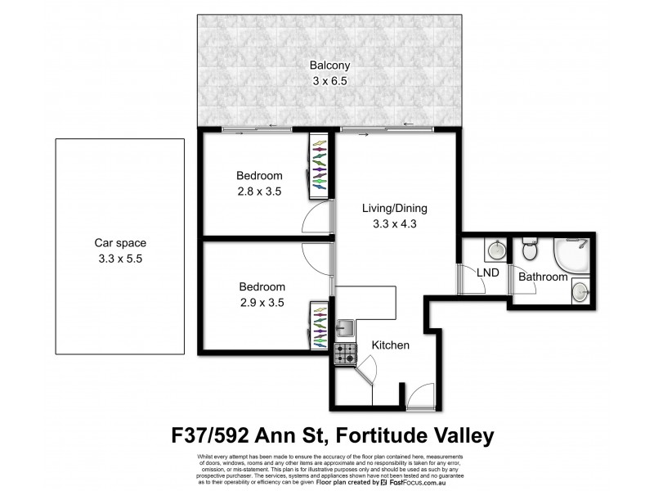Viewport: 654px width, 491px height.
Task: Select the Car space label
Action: (119, 243)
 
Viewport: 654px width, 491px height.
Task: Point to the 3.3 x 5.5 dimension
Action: (119, 258)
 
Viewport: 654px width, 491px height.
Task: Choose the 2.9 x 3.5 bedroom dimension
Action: (262, 302)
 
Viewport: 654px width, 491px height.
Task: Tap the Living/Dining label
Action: (395, 209)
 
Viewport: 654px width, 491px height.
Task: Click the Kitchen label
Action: (391, 345)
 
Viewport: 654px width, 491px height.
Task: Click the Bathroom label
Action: (545, 277)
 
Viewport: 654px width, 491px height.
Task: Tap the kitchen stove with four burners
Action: (344, 354)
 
